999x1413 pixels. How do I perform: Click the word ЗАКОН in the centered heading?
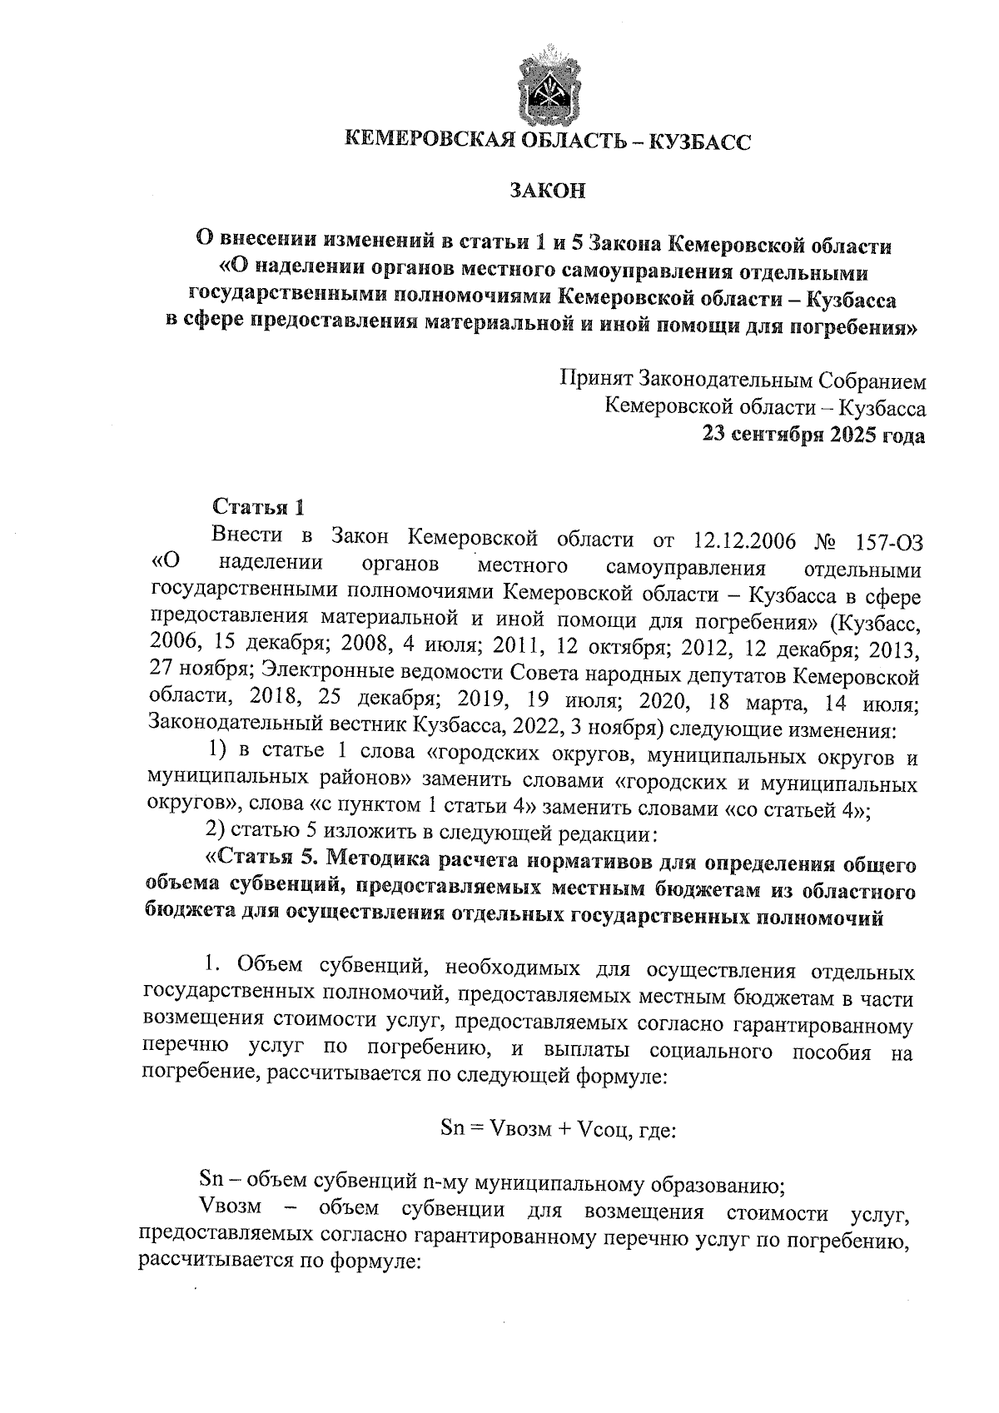(x=548, y=192)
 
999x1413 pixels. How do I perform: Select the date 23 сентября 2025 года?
(x=813, y=435)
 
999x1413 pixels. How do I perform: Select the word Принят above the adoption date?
(x=594, y=381)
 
